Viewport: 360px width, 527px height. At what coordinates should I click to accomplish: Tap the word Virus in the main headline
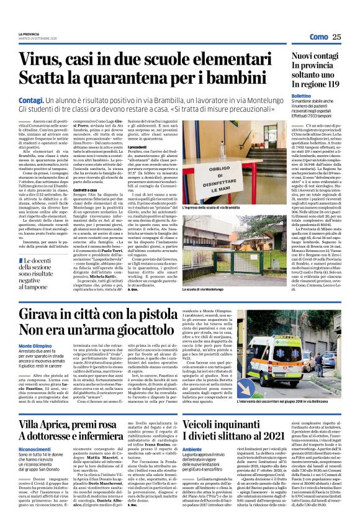[x=39, y=60]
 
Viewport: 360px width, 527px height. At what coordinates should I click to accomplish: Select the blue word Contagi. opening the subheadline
[x=31, y=99]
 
